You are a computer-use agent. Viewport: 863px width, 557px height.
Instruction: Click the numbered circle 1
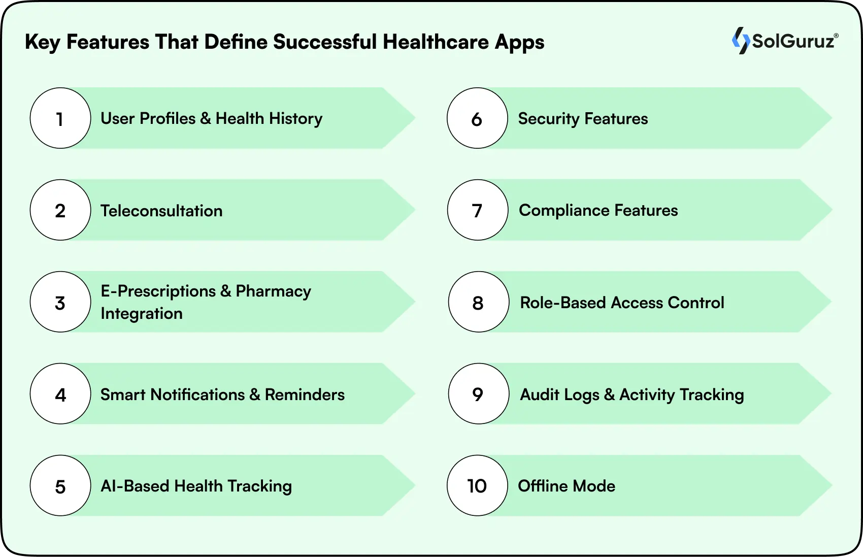pyautogui.click(x=60, y=118)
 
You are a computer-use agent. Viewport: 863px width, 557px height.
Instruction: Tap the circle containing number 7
pyautogui.click(x=477, y=210)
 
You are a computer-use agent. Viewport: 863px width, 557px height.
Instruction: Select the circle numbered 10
pyautogui.click(x=477, y=486)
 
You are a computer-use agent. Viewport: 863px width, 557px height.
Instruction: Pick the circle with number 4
pyautogui.click(x=60, y=394)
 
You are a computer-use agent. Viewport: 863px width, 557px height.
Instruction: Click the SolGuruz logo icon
pyautogui.click(x=741, y=41)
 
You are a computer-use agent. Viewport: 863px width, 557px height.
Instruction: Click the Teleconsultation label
pyautogui.click(x=161, y=211)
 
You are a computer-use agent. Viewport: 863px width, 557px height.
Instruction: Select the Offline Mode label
pyautogui.click(x=567, y=486)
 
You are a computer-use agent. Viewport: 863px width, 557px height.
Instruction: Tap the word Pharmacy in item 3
pyautogui.click(x=273, y=291)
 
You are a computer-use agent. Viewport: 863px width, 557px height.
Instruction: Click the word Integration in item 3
pyautogui.click(x=142, y=314)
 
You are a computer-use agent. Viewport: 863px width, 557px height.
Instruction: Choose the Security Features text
pyautogui.click(x=583, y=119)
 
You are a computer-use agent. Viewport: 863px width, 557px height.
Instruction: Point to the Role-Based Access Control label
pyautogui.click(x=622, y=303)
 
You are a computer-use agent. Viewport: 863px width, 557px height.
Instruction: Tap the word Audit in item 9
pyautogui.click(x=539, y=395)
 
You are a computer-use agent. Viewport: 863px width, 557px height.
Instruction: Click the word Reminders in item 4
pyautogui.click(x=305, y=395)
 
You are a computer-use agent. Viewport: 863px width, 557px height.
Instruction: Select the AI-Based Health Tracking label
pyautogui.click(x=196, y=486)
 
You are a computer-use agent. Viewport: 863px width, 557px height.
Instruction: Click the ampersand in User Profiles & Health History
pyautogui.click(x=206, y=119)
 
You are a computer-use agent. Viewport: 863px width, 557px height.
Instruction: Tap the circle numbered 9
pyautogui.click(x=478, y=394)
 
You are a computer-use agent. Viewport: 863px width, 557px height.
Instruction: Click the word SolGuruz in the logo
pyautogui.click(x=793, y=41)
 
